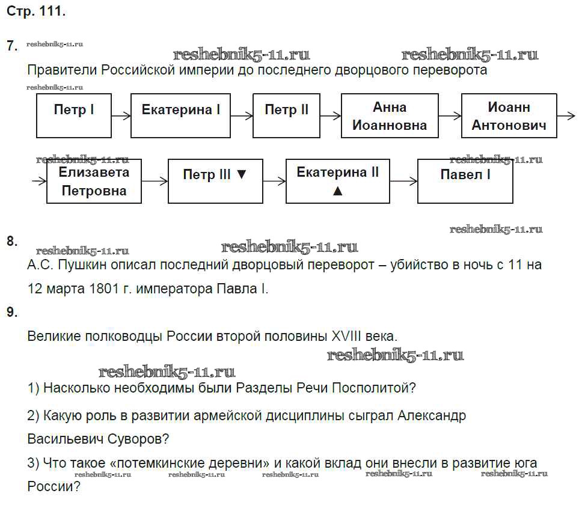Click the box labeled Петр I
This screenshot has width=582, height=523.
[x=74, y=115]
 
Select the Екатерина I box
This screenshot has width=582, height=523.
[x=181, y=115]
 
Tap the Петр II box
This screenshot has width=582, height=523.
[x=286, y=115]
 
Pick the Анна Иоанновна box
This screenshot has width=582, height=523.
[x=389, y=115]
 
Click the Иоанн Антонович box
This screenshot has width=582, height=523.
[x=509, y=115]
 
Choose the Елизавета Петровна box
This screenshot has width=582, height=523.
[x=94, y=181]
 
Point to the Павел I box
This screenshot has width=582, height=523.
[x=465, y=181]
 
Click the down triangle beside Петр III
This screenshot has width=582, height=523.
[x=242, y=175]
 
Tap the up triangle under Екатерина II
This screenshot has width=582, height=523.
[x=338, y=191]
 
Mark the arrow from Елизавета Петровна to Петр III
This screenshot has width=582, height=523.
[x=155, y=181]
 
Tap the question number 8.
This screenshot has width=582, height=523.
[x=11, y=242]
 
